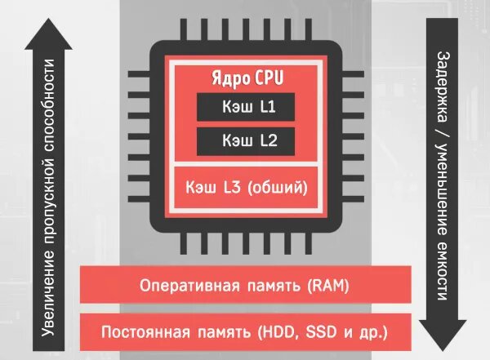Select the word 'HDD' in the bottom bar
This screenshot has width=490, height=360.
point(274,332)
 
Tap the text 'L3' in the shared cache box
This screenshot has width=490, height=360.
point(231,189)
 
